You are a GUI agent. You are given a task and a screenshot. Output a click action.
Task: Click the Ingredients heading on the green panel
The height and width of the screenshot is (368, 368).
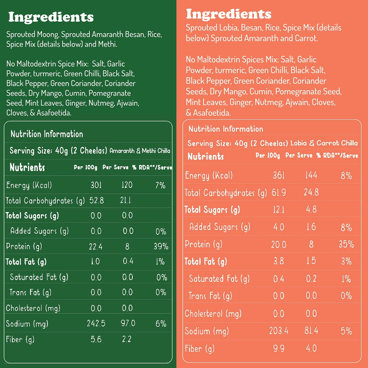(51, 17)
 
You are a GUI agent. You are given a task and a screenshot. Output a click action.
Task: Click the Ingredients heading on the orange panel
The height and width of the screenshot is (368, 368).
(229, 14)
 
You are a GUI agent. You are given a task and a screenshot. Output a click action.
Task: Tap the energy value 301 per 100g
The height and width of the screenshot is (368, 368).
(96, 185)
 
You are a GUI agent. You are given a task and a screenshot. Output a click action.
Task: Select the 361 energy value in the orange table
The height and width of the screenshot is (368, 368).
(279, 175)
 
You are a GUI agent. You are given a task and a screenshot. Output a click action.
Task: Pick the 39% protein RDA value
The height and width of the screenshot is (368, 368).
(161, 246)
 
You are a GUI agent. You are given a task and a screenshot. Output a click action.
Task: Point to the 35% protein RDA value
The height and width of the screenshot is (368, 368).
(346, 244)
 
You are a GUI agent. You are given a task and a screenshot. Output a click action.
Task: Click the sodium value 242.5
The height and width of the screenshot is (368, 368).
(96, 323)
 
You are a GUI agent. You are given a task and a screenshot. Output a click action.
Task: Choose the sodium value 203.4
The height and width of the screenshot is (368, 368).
(279, 331)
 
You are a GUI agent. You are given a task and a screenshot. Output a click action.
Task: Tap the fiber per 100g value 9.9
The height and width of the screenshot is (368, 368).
(279, 348)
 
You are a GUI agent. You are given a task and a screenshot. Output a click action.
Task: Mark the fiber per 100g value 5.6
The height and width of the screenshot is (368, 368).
(96, 339)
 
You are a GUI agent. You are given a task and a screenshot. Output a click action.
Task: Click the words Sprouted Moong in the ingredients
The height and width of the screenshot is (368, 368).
(32, 35)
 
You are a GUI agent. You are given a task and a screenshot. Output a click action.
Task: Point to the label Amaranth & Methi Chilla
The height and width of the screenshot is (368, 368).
(140, 151)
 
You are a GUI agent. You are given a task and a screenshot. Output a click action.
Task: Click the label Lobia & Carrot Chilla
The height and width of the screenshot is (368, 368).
(324, 143)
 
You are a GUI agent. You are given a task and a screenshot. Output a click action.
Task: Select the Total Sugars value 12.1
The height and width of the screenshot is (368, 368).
(279, 210)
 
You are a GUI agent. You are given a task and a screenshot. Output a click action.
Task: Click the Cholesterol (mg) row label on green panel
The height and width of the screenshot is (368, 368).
(33, 308)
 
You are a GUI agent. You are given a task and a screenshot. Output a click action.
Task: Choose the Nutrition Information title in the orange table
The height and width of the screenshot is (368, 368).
(226, 129)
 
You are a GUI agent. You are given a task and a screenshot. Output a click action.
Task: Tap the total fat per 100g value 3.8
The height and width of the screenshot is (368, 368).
(279, 261)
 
